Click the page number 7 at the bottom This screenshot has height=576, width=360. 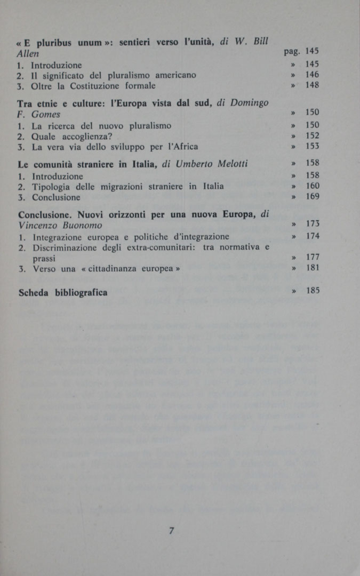click(x=172, y=530)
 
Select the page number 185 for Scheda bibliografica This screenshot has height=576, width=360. click(x=313, y=291)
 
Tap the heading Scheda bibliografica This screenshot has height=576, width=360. click(x=63, y=292)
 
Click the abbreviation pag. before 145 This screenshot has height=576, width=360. click(x=292, y=52)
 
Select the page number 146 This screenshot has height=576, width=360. click(x=313, y=75)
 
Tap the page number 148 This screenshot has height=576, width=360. click(x=313, y=85)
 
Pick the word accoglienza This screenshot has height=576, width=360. click(x=84, y=135)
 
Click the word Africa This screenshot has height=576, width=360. click(x=185, y=146)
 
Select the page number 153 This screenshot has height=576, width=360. click(x=313, y=146)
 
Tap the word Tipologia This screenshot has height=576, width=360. click(x=51, y=186)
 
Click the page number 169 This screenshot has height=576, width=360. click(x=313, y=196)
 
